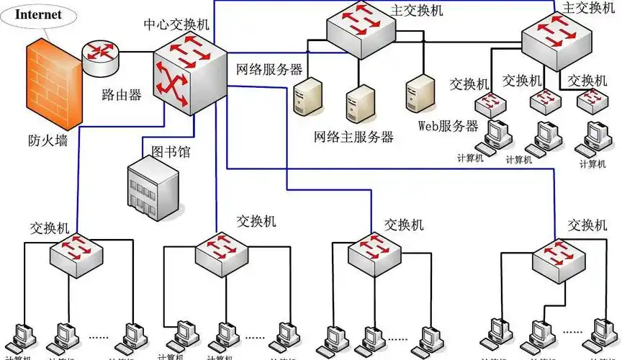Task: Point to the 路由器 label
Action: coord(122,94)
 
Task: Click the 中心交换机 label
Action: coord(176,24)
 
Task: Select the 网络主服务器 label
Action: coord(353,136)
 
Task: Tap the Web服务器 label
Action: coord(448,126)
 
